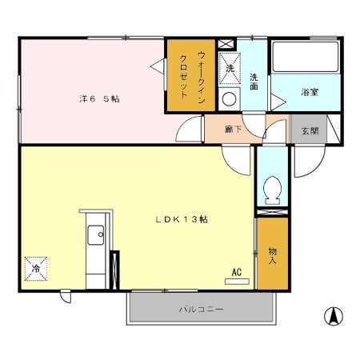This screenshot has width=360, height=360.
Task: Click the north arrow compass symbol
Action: pos(334,316)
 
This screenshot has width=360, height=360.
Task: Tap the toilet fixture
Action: pos(272,190)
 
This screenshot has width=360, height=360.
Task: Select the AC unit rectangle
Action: pos(237,282)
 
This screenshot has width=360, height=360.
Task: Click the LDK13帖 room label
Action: pos(182,219)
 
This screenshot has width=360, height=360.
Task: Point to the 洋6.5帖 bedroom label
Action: pos(99,99)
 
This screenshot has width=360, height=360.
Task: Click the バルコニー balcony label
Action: pos(201,310)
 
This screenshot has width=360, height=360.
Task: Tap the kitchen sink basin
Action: pos(95,234)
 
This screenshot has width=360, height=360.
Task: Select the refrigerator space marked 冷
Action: pos(36,269)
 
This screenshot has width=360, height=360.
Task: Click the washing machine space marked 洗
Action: pos(230,69)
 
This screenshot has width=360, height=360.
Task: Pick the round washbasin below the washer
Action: pos(229,99)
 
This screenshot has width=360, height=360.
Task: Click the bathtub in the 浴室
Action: pos(306,57)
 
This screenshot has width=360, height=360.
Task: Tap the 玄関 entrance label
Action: pos(310,130)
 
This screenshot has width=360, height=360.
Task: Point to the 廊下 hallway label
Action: pos(234,130)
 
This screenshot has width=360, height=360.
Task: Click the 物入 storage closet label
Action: pos(272,256)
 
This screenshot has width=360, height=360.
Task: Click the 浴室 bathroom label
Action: pos(310,92)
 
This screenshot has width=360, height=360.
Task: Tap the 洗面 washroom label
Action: pos(254,82)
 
